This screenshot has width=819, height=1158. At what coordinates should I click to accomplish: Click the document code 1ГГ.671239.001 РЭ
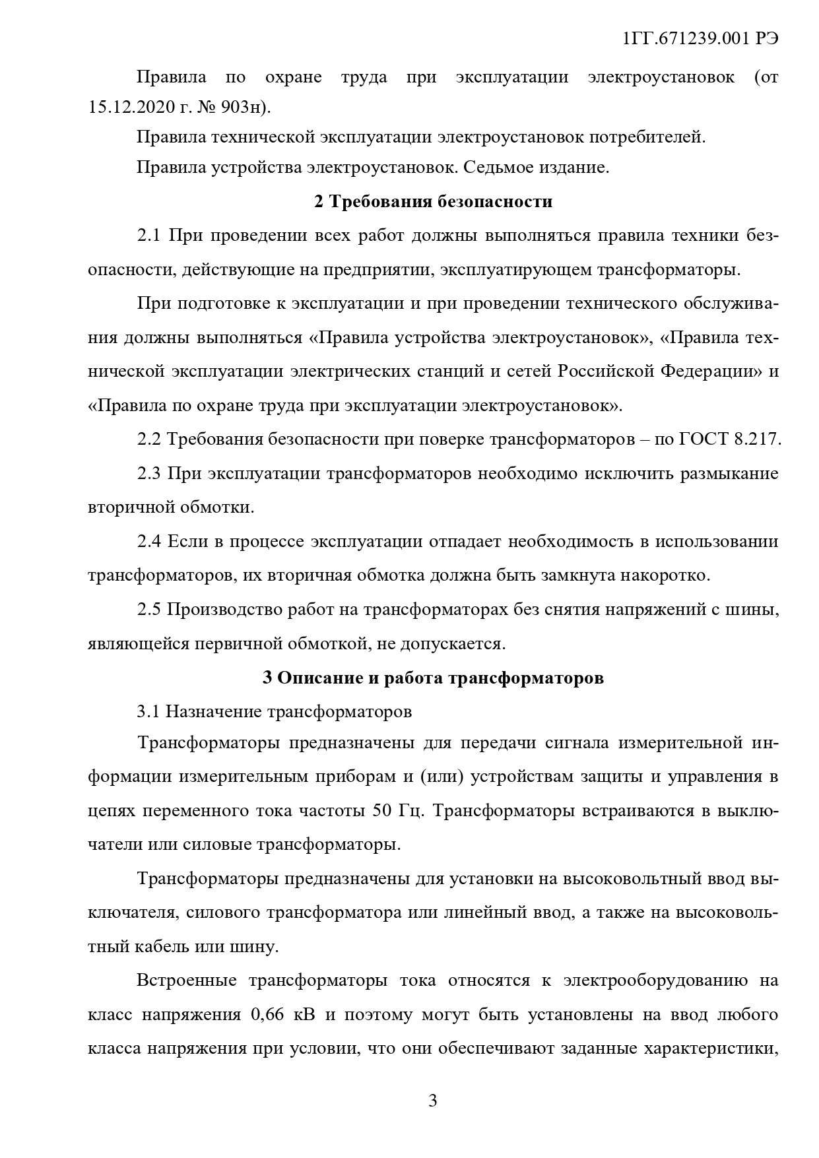701,39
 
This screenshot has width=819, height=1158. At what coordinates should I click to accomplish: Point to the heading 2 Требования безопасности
433,202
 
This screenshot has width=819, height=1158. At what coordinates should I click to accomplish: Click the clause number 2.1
148,236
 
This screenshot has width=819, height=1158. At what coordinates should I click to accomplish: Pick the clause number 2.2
148,439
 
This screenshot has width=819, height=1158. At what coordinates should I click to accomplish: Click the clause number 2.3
148,473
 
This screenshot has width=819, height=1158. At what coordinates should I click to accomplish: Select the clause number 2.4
148,542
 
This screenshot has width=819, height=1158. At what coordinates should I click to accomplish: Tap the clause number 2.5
148,609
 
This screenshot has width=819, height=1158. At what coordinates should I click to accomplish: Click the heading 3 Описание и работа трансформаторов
433,678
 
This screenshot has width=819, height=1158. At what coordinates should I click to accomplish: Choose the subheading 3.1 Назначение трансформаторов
274,712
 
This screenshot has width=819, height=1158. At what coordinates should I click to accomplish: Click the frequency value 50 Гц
397,811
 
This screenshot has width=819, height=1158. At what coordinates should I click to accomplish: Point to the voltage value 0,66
267,1014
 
